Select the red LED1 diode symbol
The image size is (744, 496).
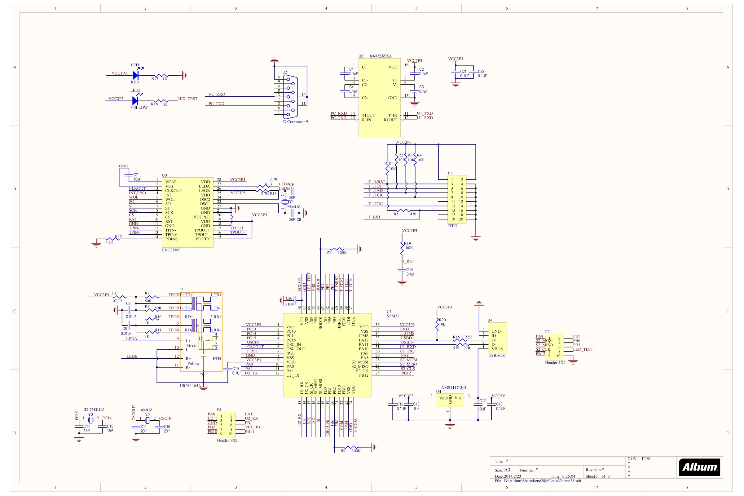136,75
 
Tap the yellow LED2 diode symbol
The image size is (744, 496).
135,100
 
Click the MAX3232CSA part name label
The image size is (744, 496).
381,56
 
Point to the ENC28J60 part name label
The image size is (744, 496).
171,250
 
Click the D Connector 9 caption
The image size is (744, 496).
295,122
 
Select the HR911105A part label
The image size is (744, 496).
190,386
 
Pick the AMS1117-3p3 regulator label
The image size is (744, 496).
453,387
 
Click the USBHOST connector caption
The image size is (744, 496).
497,355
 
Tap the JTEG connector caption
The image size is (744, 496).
452,226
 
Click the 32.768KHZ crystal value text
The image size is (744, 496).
94,409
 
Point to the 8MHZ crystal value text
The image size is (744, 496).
146,410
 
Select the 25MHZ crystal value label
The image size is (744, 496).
293,207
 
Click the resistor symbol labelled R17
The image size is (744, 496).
162,75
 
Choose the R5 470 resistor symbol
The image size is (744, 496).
404,210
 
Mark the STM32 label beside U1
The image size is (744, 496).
393,316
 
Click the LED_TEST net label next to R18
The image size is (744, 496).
187,99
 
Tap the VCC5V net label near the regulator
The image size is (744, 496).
498,396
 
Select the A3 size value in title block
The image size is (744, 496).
507,470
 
